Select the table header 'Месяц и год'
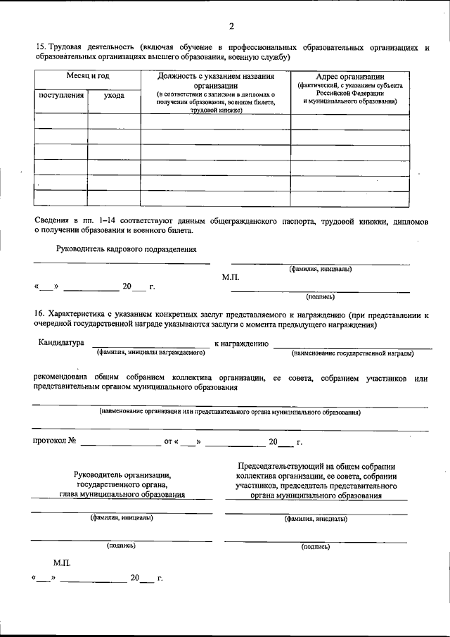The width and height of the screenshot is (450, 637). [x=88, y=76]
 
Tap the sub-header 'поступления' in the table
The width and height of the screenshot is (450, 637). [x=61, y=95]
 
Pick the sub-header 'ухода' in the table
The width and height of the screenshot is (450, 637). [x=114, y=95]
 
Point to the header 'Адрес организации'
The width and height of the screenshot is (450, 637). [x=350, y=76]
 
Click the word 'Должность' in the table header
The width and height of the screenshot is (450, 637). [x=180, y=76]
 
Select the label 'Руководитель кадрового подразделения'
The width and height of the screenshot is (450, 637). [x=127, y=248]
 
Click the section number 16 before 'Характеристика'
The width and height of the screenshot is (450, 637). [x=39, y=314]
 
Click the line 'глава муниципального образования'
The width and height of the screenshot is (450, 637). [x=122, y=494]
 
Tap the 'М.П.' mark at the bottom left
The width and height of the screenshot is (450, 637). [x=62, y=563]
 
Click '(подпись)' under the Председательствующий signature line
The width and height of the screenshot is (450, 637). [x=315, y=545]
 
